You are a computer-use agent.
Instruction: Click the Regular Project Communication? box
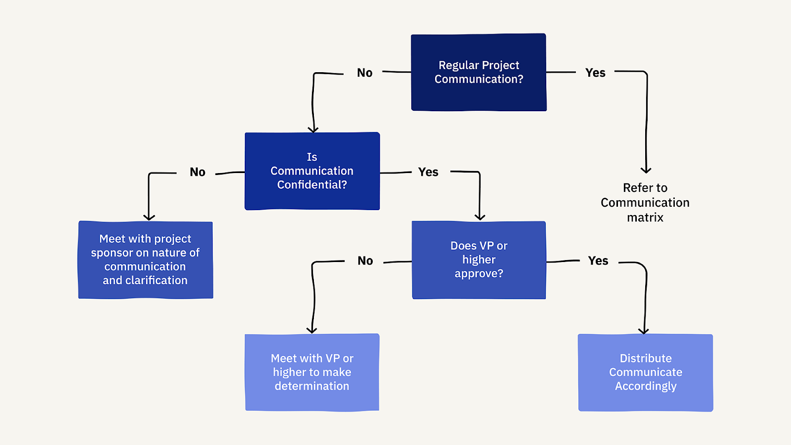(479, 72)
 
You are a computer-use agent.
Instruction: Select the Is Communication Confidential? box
(312, 171)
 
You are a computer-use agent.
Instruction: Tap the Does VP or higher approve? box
(479, 260)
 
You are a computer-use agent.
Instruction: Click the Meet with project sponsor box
(145, 260)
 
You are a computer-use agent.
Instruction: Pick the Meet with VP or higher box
(312, 372)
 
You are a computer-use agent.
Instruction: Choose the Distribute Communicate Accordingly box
(645, 372)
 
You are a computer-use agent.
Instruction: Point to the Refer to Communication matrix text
(645, 202)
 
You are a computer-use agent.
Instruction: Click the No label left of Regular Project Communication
(364, 73)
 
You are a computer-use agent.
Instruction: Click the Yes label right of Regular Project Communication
(595, 73)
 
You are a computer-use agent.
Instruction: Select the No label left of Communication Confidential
(197, 172)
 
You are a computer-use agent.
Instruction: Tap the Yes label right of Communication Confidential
(428, 172)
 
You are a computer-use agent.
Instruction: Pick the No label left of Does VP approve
(365, 261)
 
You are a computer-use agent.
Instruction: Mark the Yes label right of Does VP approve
(598, 261)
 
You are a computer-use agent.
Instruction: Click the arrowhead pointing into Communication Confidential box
(313, 130)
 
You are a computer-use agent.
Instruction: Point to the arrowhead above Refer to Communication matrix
(646, 170)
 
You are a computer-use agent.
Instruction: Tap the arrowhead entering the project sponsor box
(149, 217)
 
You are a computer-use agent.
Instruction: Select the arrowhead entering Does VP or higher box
(480, 217)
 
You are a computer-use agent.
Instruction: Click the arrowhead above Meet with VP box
(311, 330)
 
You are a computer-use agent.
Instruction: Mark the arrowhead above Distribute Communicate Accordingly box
(643, 331)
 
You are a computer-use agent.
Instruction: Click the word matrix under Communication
(645, 218)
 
